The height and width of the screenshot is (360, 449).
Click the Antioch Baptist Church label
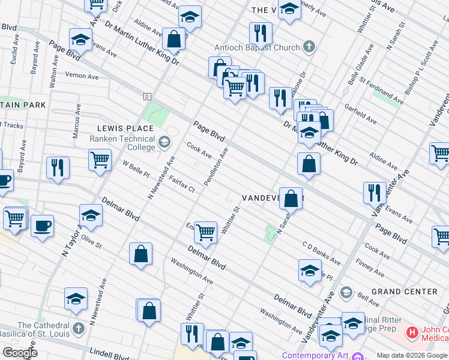(x=258, y=47)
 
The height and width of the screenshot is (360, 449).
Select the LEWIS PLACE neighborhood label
(x=125, y=128)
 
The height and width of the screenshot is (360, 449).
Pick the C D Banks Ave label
(x=322, y=253)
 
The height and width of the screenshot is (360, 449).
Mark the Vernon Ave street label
(x=82, y=77)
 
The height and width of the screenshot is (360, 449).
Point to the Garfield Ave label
(x=360, y=114)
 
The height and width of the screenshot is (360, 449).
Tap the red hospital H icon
(x=412, y=332)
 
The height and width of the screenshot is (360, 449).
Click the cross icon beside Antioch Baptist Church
(x=309, y=46)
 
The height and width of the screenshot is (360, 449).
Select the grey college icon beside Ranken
(x=164, y=143)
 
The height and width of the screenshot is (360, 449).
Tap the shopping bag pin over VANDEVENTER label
(x=291, y=198)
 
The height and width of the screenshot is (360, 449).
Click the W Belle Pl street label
(x=135, y=165)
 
